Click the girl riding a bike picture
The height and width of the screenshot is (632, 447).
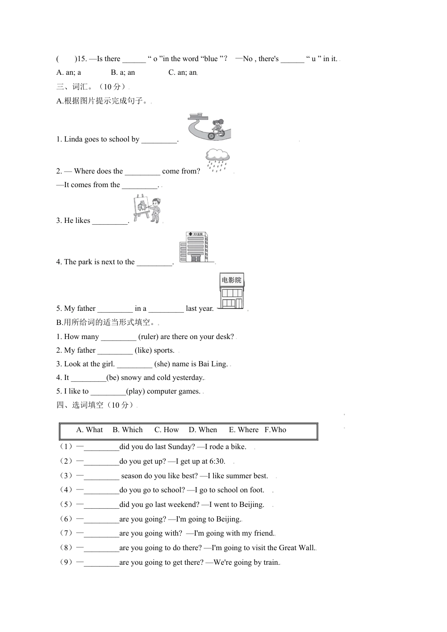pyautogui.click(x=209, y=126)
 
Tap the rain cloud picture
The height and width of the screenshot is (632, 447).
pyautogui.click(x=217, y=160)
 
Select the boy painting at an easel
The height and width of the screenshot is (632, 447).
pyautogui.click(x=147, y=210)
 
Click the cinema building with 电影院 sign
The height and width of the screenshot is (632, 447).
pyautogui.click(x=231, y=292)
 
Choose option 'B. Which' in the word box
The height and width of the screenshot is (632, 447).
pyautogui.click(x=128, y=430)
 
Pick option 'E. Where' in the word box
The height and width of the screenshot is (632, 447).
pyautogui.click(x=244, y=430)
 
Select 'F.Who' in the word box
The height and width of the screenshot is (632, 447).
pyautogui.click(x=275, y=430)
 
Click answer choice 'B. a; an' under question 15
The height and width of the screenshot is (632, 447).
pyautogui.click(x=123, y=72)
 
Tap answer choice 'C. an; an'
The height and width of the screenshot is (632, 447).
pyautogui.click(x=183, y=72)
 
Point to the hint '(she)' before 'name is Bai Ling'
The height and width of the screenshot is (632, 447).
pyautogui.click(x=162, y=364)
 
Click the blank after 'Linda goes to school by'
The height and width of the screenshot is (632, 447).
pyautogui.click(x=159, y=140)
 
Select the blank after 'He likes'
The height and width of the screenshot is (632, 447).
pyautogui.click(x=110, y=221)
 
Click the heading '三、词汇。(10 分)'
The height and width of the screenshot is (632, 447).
pyautogui.click(x=92, y=87)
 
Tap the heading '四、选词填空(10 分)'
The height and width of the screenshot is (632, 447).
pyautogui.click(x=96, y=405)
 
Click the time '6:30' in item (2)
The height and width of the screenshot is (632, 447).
pyautogui.click(x=216, y=461)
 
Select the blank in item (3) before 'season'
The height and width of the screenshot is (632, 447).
pyautogui.click(x=102, y=476)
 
